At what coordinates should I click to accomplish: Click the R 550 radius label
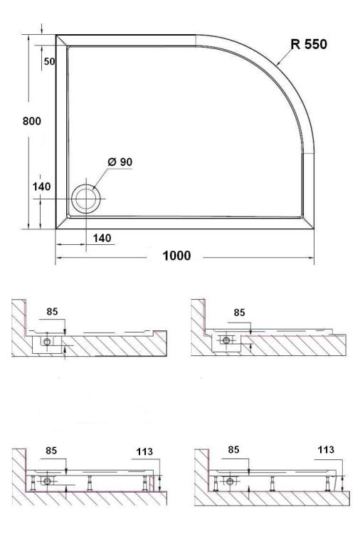click(309, 44)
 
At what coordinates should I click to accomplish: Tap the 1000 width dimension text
click(176, 256)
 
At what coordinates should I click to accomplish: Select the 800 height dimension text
click(31, 121)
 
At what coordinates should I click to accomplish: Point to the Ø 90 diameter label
click(120, 162)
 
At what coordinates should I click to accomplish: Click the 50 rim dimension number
click(50, 62)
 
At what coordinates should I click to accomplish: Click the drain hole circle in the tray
click(86, 199)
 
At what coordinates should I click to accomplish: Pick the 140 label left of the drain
click(41, 187)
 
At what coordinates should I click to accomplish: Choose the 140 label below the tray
click(102, 238)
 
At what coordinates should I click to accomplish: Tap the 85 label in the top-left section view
click(52, 312)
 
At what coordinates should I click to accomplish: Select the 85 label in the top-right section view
click(239, 313)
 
